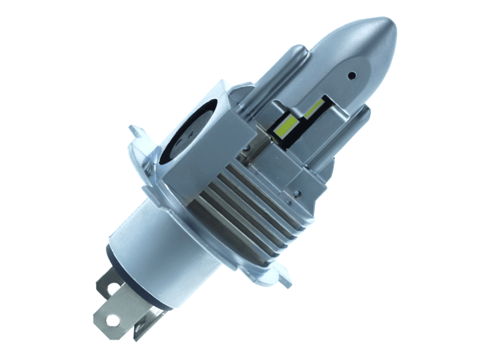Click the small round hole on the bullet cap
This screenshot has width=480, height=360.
click(352, 75)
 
